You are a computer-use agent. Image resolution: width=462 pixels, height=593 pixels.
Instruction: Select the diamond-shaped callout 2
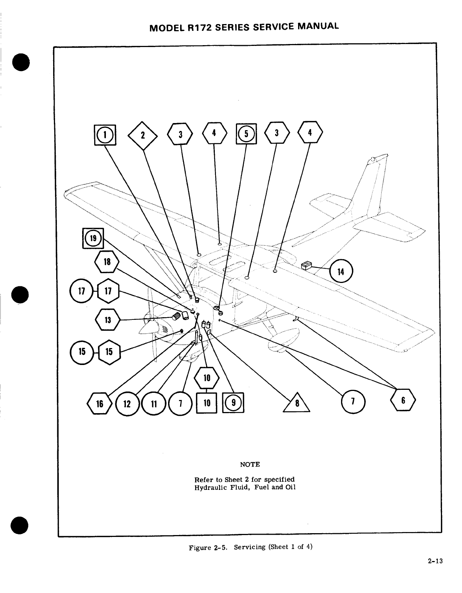coord(143,135)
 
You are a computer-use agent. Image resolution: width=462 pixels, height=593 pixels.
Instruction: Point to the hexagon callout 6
coord(403,400)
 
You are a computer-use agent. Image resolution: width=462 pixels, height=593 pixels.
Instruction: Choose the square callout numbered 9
coord(233,402)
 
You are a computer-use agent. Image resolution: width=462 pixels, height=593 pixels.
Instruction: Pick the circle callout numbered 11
coord(153,404)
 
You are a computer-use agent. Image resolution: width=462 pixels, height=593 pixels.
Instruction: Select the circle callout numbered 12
coord(127,404)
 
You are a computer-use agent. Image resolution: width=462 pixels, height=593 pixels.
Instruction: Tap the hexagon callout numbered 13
coord(108,320)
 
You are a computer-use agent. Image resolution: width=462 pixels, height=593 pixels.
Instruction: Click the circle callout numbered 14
coord(341,271)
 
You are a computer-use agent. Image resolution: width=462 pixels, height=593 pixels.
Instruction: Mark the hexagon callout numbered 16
coord(99,404)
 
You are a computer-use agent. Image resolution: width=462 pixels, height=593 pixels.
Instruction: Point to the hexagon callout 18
coord(107,261)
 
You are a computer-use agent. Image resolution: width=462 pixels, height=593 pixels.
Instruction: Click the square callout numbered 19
coord(93,238)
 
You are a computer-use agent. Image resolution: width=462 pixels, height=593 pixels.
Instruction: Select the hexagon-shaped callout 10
coord(207,377)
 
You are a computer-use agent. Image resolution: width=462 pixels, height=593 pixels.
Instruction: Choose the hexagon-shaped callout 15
coord(109,351)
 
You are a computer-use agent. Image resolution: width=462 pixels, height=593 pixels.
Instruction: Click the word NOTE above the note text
coord(250,464)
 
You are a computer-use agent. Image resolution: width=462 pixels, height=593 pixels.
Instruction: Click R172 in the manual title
coord(202,28)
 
